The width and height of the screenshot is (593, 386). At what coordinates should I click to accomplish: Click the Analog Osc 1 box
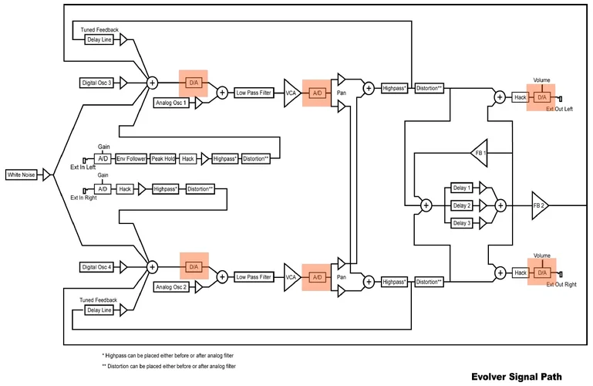pyautogui.click(x=172, y=103)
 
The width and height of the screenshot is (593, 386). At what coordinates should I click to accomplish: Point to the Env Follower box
pyautogui.click(x=131, y=158)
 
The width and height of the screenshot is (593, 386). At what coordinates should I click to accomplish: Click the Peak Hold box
pyautogui.click(x=163, y=158)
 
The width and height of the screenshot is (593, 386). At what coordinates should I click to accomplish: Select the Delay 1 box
pyautogui.click(x=461, y=188)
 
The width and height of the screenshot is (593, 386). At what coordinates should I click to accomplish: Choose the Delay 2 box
pyautogui.click(x=461, y=205)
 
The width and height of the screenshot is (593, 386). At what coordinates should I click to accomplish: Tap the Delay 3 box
pyautogui.click(x=461, y=223)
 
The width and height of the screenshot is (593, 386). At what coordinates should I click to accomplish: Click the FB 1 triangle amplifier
pyautogui.click(x=480, y=153)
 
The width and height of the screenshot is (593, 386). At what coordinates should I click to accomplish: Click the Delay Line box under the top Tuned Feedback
pyautogui.click(x=99, y=39)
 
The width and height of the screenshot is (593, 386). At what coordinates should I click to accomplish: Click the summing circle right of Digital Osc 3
pyautogui.click(x=152, y=82)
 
